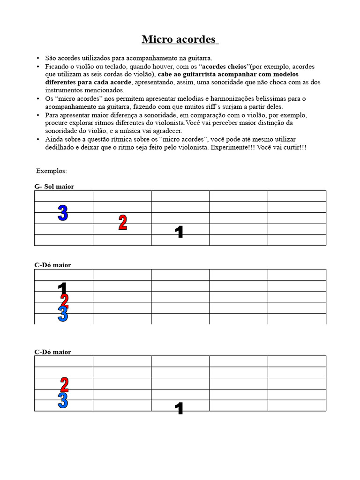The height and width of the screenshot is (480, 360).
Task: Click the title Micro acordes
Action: pyautogui.click(x=180, y=39)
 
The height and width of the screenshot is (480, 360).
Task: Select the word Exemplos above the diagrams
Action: pyautogui.click(x=52, y=171)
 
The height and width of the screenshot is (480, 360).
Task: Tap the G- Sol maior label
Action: pyautogui.click(x=54, y=187)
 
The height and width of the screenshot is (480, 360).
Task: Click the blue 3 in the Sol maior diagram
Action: pyautogui.click(x=63, y=213)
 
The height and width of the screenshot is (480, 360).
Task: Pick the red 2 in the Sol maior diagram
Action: pyautogui.click(x=123, y=223)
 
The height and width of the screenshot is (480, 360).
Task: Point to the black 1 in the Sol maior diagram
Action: pyautogui.click(x=179, y=232)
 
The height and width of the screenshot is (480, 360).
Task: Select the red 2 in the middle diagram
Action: pyautogui.click(x=65, y=300)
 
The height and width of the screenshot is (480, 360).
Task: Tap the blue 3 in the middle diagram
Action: pyautogui.click(x=63, y=314)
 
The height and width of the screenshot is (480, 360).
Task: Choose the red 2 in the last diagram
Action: pyautogui.click(x=65, y=385)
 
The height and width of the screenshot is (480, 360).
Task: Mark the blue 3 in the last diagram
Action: pyautogui.click(x=63, y=400)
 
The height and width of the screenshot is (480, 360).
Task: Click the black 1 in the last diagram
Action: pyautogui.click(x=179, y=409)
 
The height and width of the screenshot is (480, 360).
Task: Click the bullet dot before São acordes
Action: pyautogui.click(x=37, y=59)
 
